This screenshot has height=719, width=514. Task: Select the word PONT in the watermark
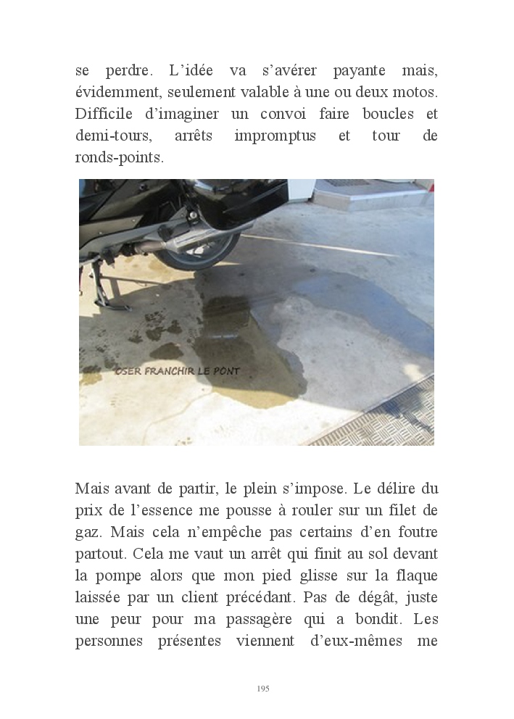click(x=227, y=371)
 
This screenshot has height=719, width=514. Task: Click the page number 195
click(x=263, y=688)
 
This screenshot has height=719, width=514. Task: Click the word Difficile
click(x=104, y=115)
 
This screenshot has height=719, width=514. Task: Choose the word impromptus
click(x=275, y=136)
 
